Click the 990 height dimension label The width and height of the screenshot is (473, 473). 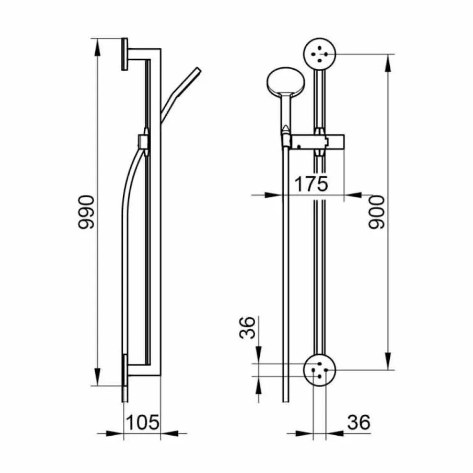[x=86, y=212]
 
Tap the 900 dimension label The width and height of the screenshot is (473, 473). [x=376, y=212]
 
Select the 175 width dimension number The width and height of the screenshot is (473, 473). [x=311, y=184]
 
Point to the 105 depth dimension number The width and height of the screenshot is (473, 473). [x=142, y=422]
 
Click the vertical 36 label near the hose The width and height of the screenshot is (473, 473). [x=247, y=328]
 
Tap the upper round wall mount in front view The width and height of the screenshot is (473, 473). [x=320, y=54]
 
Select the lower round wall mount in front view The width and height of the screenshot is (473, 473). [x=320, y=370]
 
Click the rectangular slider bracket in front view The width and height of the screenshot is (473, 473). [x=317, y=142]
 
